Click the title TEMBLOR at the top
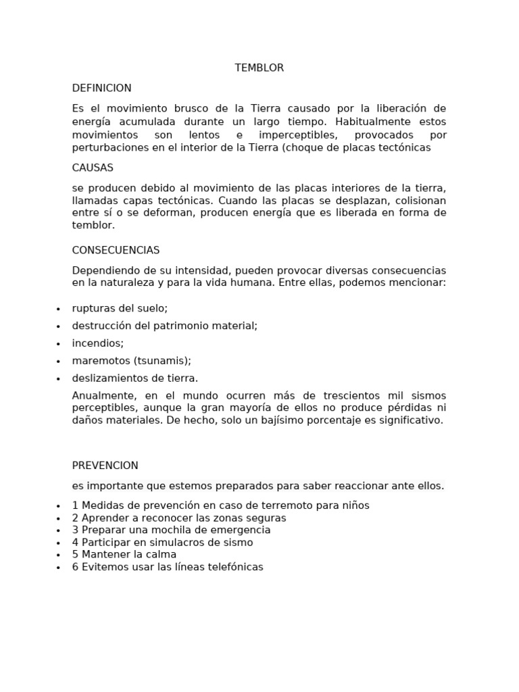(259, 68)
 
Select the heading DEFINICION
(102, 89)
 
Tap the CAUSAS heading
(93, 168)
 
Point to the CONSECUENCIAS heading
(116, 251)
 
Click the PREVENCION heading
(105, 466)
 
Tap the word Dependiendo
(105, 270)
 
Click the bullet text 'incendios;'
(98, 343)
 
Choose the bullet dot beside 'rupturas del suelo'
(59, 309)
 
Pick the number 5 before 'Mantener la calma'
(75, 555)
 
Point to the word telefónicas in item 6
(234, 567)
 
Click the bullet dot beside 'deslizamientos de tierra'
(59, 379)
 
